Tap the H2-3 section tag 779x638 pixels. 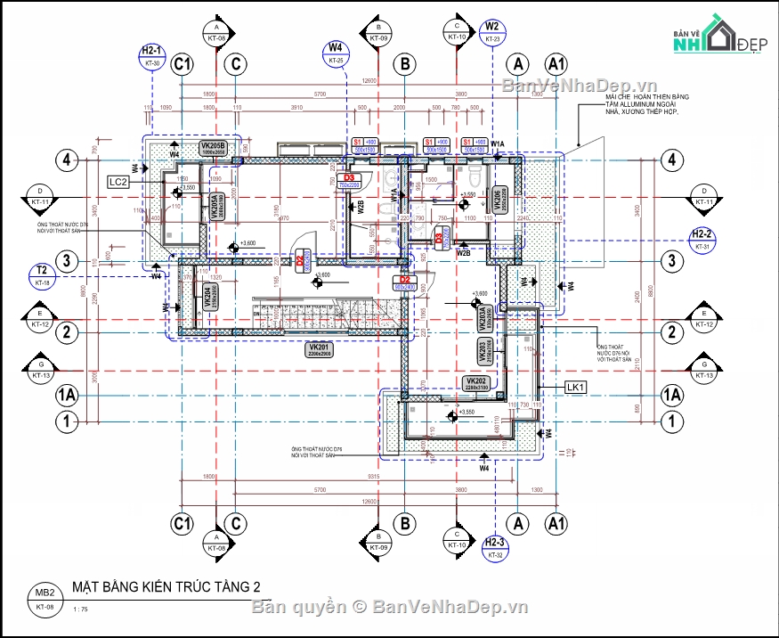pyautogui.click(x=496, y=548)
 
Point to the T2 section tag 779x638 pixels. pyautogui.click(x=42, y=275)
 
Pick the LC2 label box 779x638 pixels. pyautogui.click(x=119, y=182)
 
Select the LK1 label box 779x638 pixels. pyautogui.click(x=576, y=388)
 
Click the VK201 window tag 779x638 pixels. pyautogui.click(x=319, y=350)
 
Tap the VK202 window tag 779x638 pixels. pyautogui.click(x=475, y=383)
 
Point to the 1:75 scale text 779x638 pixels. pyautogui.click(x=81, y=609)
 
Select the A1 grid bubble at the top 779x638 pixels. pyautogui.click(x=557, y=64)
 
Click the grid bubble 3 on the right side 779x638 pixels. pyautogui.click(x=671, y=261)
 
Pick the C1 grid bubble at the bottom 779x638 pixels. pyautogui.click(x=183, y=521)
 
